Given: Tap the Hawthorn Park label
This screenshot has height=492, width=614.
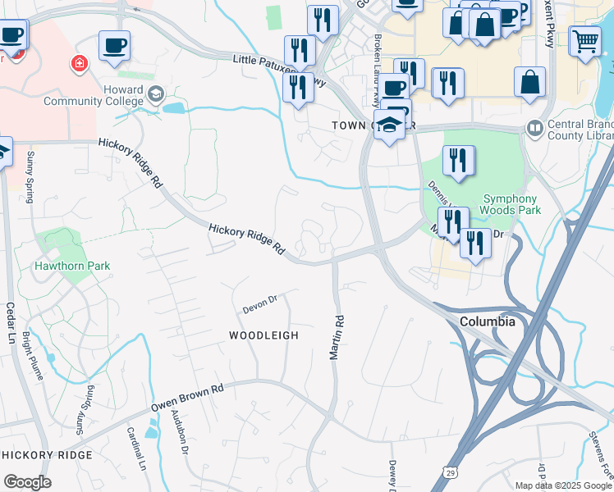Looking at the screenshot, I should click(72, 266).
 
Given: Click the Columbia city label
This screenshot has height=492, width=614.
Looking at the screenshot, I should click(488, 321).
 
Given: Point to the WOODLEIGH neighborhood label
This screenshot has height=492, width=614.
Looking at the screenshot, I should click(263, 335).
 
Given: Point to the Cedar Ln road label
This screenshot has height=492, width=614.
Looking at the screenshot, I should click(11, 324).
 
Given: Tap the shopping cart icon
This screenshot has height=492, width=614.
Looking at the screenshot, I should click(584, 39).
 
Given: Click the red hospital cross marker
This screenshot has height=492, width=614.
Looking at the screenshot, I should click(80, 63).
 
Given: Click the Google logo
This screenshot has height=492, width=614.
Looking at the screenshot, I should click(27, 482).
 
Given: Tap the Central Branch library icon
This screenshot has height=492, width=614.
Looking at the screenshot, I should click(535, 128).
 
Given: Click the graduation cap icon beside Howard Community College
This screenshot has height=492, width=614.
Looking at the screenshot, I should click(154, 95).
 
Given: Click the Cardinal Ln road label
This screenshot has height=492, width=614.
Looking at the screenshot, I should click(135, 447).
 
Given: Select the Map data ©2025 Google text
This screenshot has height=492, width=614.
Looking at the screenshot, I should click(563, 485).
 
